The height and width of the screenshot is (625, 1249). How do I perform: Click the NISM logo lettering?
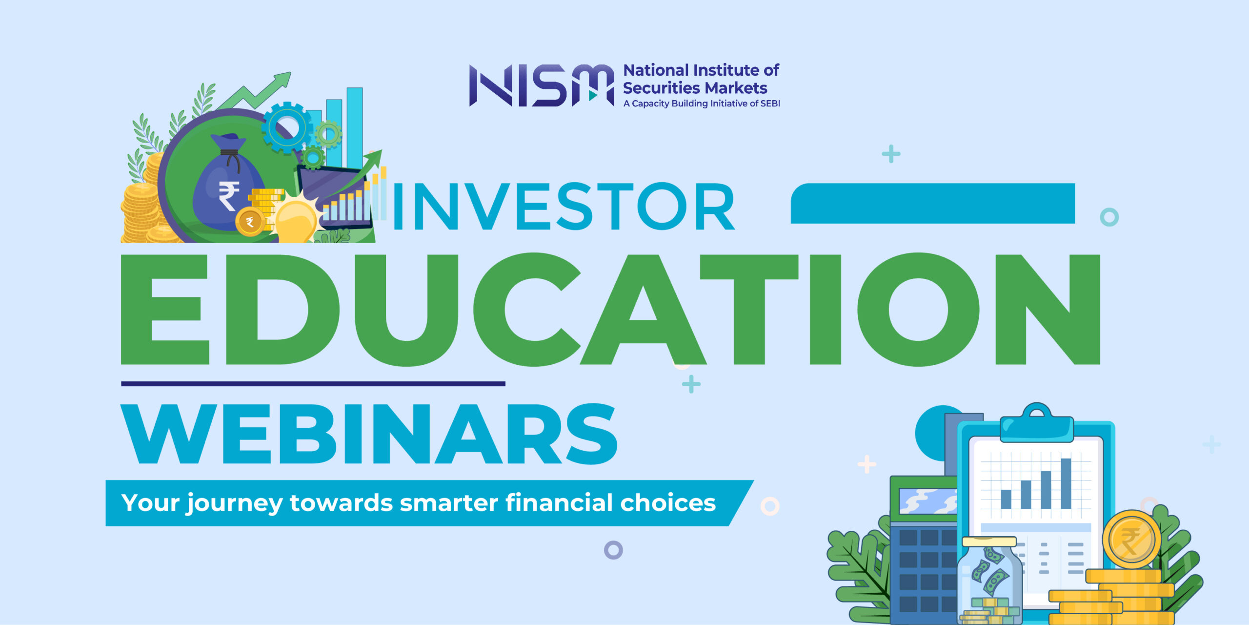[x=542, y=85]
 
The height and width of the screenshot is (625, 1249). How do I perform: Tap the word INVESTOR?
[x=564, y=206]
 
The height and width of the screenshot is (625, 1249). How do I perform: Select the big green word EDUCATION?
[x=610, y=309]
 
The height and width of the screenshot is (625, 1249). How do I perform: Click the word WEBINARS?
[x=369, y=434]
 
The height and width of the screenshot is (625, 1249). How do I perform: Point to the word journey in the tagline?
[x=235, y=503]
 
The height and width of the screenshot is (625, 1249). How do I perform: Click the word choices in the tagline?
[x=667, y=502]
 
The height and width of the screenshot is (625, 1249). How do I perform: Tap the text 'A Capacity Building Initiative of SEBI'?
[x=702, y=104]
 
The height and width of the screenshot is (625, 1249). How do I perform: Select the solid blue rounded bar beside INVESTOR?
[x=932, y=204]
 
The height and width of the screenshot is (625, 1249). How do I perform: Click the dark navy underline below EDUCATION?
[x=313, y=384]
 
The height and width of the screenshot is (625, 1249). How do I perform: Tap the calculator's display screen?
[x=927, y=501]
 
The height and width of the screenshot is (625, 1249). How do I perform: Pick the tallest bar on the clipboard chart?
[x=1066, y=483]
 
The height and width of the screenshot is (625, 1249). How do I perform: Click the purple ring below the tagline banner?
[x=613, y=550]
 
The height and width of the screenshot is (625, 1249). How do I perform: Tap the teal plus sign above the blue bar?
[x=891, y=154]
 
